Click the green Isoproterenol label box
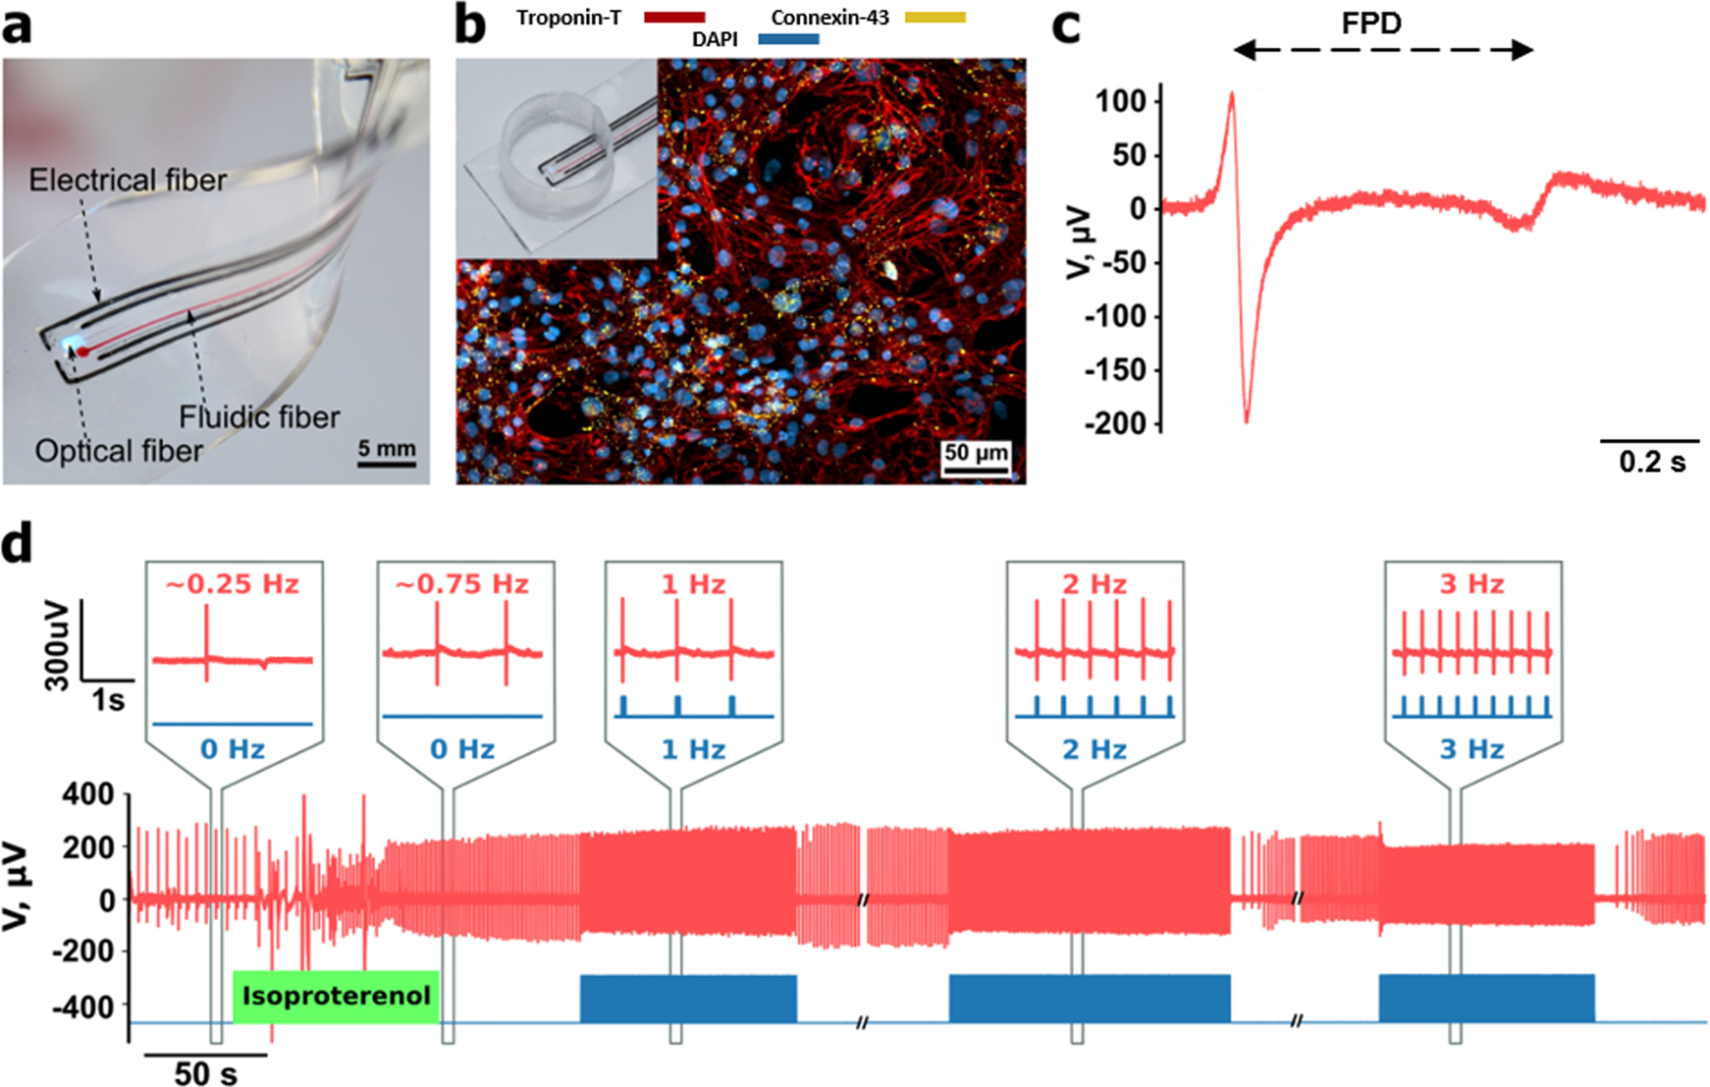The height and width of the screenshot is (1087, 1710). (336, 996)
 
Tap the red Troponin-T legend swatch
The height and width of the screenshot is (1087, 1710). (674, 17)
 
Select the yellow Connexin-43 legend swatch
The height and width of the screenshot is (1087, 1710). (935, 17)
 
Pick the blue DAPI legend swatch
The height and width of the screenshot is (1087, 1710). (788, 39)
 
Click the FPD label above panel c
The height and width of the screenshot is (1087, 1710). (1370, 23)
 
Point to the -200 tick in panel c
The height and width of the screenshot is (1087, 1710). (1116, 423)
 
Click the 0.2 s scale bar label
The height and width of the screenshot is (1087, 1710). (1652, 462)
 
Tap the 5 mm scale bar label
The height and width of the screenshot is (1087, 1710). (386, 449)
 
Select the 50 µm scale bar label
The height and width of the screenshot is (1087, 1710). (976, 453)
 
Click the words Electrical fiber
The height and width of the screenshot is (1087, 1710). (128, 180)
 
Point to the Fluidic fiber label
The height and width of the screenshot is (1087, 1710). (259, 417)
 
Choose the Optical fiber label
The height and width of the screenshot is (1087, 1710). (119, 451)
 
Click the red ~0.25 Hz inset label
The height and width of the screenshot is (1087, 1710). (232, 584)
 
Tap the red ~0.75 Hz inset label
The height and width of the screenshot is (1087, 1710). (461, 584)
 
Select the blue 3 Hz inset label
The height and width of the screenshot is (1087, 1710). (1471, 749)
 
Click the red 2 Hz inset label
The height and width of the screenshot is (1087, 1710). (1095, 584)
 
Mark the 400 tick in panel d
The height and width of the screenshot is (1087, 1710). (88, 793)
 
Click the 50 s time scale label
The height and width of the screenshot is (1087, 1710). (205, 1073)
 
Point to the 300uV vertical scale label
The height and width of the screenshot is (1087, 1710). (57, 643)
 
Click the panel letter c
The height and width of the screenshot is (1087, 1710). (1066, 26)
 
